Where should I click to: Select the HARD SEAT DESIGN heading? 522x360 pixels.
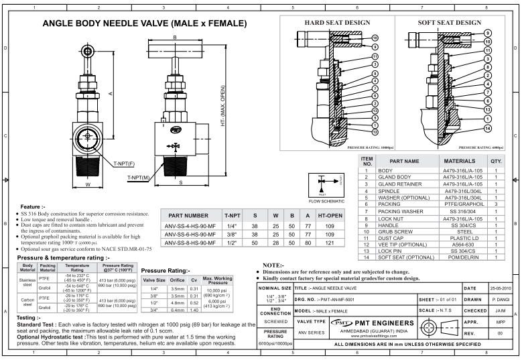pos(333,22)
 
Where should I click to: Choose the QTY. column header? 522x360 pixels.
pos(496,162)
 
